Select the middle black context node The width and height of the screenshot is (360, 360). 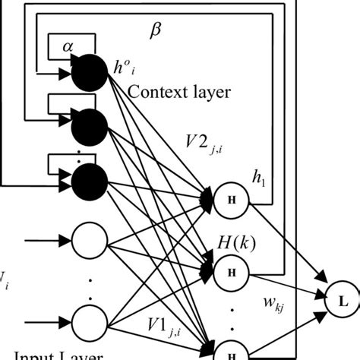[91, 126]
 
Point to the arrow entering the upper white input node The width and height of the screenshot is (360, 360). [46, 242]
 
